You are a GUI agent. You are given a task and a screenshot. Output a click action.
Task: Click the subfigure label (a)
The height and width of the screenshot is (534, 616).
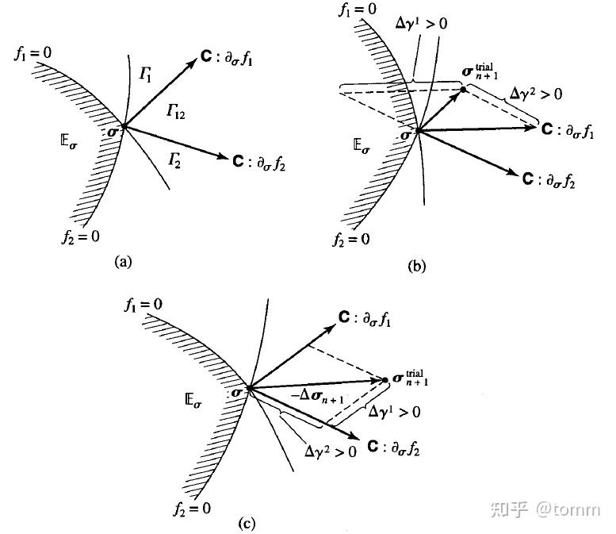point(123,262)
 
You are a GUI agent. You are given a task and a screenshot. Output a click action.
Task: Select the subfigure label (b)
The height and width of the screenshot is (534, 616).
point(416,267)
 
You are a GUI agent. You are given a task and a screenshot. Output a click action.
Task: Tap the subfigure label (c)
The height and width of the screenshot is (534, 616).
point(247,524)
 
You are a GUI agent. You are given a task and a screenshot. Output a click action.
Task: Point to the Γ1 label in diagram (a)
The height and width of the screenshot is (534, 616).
point(146,74)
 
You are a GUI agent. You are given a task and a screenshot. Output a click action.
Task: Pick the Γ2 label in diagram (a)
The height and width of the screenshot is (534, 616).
point(174,160)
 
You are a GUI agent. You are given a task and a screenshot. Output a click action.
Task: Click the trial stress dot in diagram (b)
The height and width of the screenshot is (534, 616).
point(463,90)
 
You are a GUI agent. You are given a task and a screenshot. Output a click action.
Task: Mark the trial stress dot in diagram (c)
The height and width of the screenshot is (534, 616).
point(385,380)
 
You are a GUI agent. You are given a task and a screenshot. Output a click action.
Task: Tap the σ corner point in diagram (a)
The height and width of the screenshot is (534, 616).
point(124,126)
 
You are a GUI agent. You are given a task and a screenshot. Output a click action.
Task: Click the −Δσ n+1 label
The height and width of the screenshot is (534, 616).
point(318,396)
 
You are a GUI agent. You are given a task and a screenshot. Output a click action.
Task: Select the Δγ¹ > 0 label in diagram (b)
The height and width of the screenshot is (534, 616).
point(421,23)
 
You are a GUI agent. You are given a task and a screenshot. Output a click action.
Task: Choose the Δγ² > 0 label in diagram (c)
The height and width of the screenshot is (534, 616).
point(331,451)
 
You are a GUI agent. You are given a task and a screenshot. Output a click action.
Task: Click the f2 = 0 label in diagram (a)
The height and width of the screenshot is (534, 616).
point(81,236)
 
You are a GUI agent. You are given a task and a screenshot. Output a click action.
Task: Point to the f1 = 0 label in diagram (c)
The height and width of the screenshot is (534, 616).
point(143,305)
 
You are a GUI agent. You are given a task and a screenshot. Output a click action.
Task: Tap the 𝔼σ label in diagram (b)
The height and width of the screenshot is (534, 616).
point(362,146)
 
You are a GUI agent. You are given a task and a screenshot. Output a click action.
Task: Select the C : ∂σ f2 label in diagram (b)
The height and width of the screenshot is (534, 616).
point(549,179)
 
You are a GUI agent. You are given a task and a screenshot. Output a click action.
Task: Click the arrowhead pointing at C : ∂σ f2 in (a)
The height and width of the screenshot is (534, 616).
point(222,156)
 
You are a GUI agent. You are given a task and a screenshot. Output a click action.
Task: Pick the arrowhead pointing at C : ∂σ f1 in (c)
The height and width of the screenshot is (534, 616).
point(331,328)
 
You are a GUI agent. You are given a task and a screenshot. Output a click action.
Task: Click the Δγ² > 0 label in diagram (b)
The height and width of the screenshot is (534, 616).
point(536,94)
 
